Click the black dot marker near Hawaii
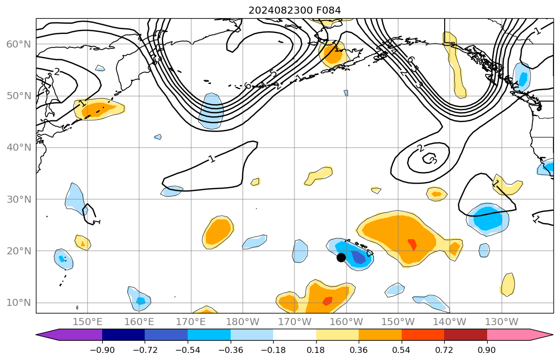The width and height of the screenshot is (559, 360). pyautogui.click(x=341, y=257)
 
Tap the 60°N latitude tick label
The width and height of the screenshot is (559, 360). pyautogui.click(x=18, y=44)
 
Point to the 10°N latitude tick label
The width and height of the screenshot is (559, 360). pyautogui.click(x=18, y=303)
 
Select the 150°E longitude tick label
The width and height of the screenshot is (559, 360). pyautogui.click(x=88, y=322)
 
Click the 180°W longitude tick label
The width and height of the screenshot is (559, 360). pyautogui.click(x=243, y=322)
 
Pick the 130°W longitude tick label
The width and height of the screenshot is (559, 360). pyautogui.click(x=501, y=322)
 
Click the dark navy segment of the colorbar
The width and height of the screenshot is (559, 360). pyautogui.click(x=123, y=335)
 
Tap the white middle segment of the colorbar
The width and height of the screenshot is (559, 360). pyautogui.click(x=294, y=335)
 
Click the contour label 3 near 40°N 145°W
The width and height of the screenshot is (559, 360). pyautogui.click(x=433, y=161)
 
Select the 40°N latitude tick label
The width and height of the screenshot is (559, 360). pyautogui.click(x=18, y=148)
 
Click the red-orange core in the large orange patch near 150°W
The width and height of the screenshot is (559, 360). pyautogui.click(x=412, y=244)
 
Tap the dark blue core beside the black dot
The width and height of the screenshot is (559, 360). pyautogui.click(x=358, y=257)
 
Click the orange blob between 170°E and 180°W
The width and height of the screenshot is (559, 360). pyautogui.click(x=219, y=231)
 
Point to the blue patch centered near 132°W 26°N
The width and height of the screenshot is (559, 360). pyautogui.click(x=487, y=219)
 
